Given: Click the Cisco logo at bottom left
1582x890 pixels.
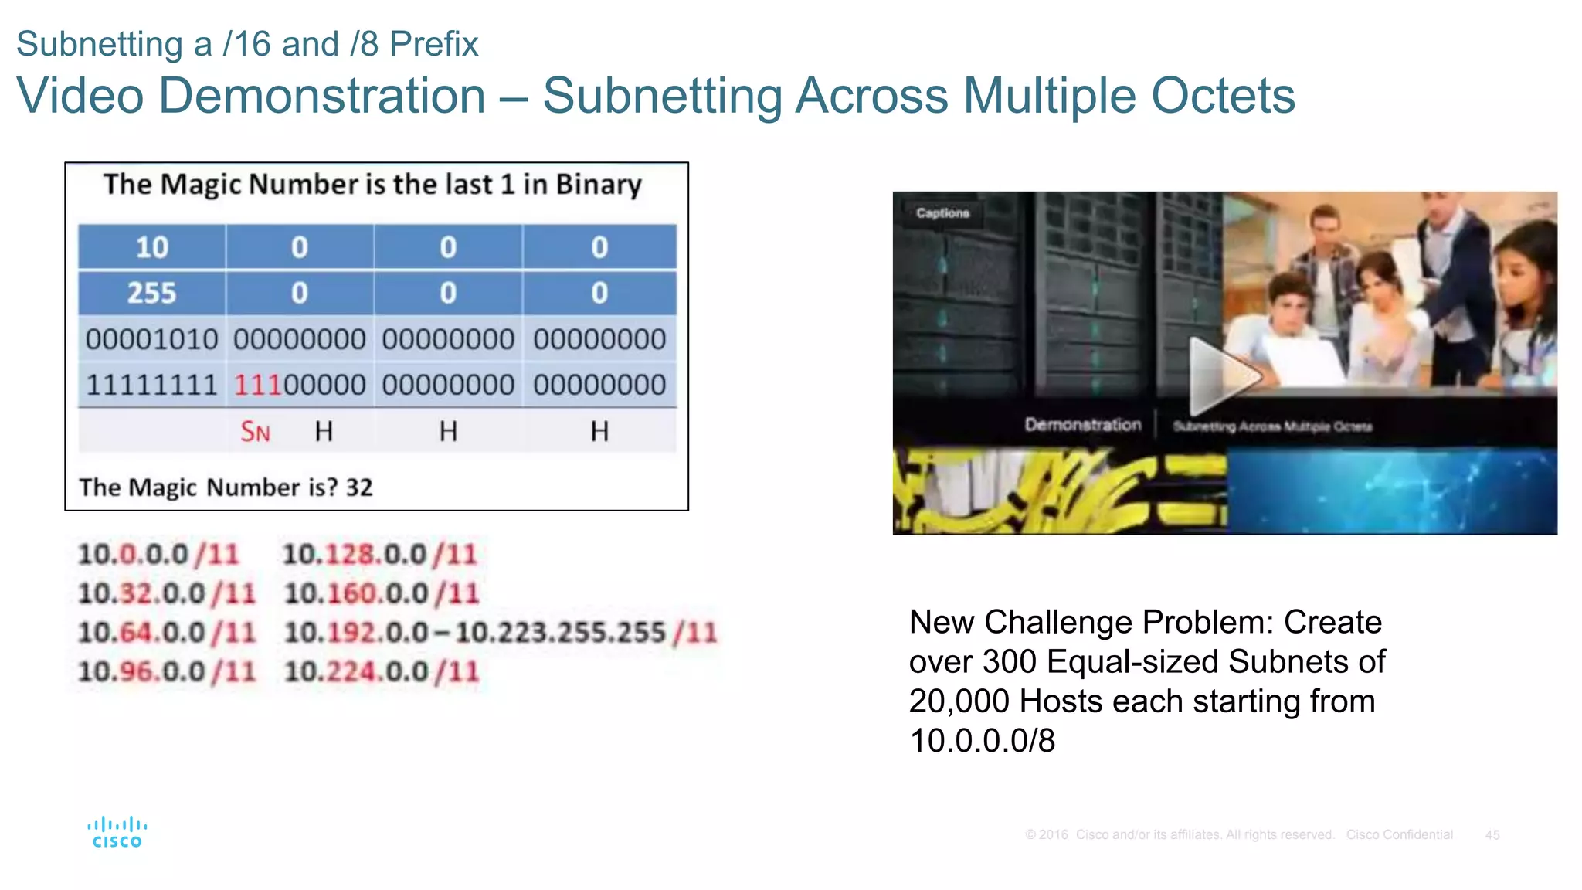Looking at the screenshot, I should pos(117,833).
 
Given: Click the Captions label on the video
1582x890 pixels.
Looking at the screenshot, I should pos(942,212).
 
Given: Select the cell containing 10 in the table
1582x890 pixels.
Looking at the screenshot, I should pos(151,247).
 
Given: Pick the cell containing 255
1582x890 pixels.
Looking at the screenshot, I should pos(151,293).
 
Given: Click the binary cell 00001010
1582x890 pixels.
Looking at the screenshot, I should pos(151,339).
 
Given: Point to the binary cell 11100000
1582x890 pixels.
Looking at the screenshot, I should pos(300,385).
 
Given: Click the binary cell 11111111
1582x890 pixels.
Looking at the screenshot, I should pos(151,385).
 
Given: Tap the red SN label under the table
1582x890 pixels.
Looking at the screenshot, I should pos(255,432).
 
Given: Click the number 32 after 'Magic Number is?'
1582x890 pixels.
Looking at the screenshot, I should pos(359,487).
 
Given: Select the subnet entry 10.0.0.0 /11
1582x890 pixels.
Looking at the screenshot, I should pos(158,554).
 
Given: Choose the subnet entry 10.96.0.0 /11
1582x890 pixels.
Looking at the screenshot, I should pos(166,671).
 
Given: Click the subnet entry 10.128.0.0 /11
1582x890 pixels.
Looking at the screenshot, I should pos(379,554).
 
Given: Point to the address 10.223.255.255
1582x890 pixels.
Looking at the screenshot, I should pos(560,633).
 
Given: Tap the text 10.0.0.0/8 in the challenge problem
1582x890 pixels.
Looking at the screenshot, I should pos(982,741).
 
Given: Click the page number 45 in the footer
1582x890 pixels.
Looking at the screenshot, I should pos(1492,835).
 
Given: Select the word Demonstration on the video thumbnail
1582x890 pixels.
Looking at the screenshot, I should pos(1082,424).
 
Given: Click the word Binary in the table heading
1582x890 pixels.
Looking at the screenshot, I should pos(598,185).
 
